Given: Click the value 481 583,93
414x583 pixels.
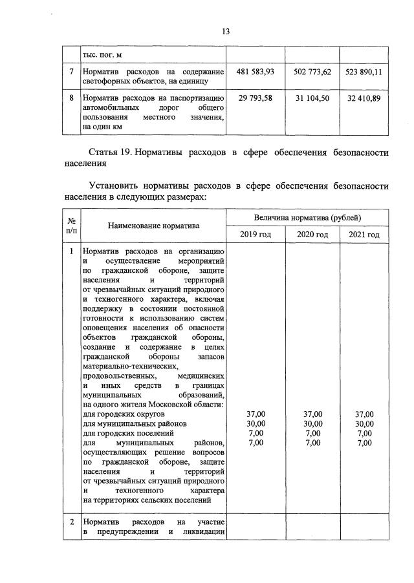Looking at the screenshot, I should [x=256, y=72].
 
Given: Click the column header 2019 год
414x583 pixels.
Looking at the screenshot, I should [x=256, y=233].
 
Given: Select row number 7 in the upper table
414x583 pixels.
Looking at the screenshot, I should [x=71, y=72].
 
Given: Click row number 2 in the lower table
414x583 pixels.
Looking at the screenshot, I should [x=71, y=521].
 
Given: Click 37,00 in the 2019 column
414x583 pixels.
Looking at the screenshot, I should [x=256, y=414].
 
